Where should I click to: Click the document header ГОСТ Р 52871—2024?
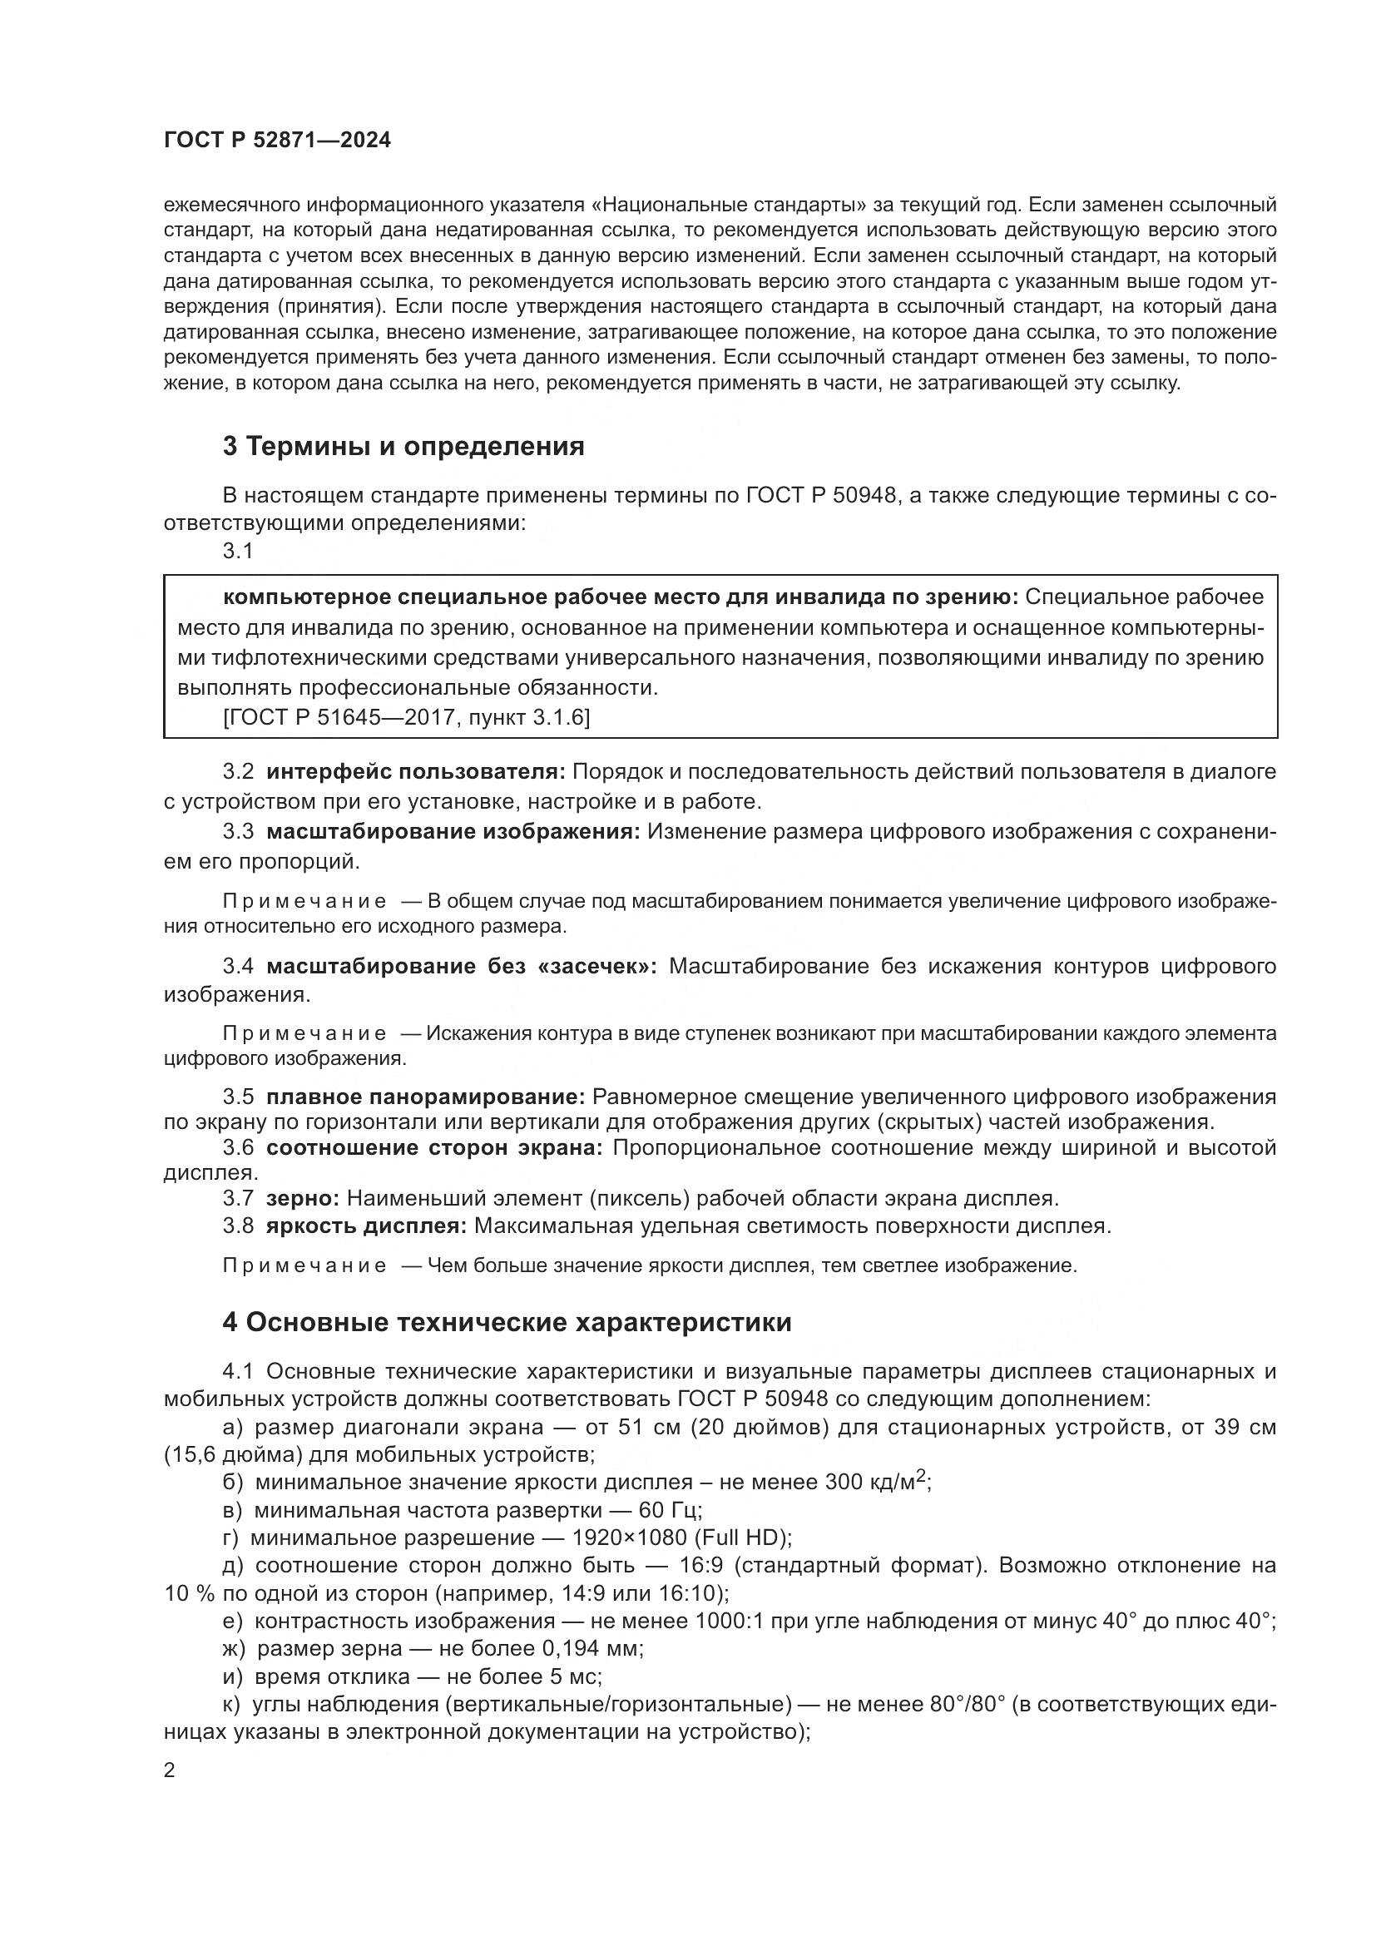[x=277, y=141]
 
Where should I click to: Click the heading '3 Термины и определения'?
[x=403, y=447]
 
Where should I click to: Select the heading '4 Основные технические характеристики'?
[x=507, y=1323]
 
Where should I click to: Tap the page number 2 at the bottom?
[x=170, y=1770]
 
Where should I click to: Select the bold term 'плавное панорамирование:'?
[x=425, y=1097]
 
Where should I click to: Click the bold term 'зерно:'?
[x=303, y=1198]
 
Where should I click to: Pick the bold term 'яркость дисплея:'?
[x=366, y=1226]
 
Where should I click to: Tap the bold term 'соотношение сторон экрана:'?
[x=433, y=1147]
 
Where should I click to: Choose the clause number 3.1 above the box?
[x=238, y=551]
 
